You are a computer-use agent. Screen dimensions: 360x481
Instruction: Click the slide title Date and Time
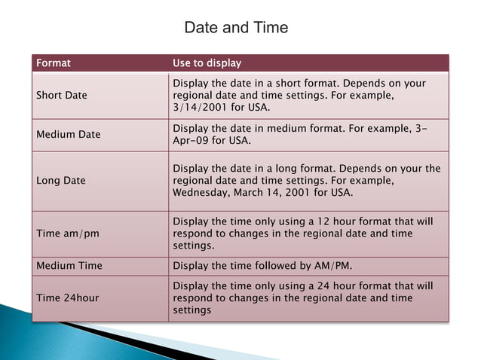click(236, 28)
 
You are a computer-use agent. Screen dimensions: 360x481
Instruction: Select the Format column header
click(54, 63)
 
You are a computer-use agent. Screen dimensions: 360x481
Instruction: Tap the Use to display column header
click(207, 63)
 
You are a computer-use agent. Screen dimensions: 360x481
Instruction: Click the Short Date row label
click(62, 96)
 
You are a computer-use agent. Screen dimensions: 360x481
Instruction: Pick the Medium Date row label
click(69, 134)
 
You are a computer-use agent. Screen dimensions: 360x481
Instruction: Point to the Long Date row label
click(61, 181)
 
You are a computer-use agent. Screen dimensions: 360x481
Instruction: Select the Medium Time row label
click(69, 266)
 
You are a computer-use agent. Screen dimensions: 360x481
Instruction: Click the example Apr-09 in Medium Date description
click(194, 141)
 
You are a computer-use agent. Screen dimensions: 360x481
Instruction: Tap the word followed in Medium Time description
click(277, 266)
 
